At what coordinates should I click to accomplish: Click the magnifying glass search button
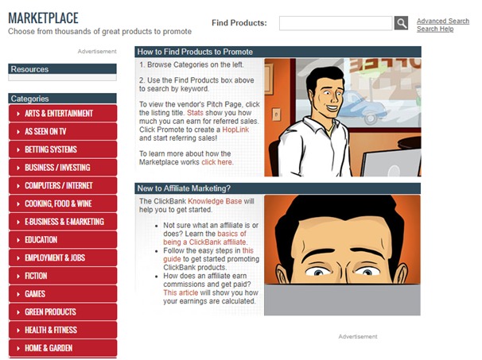click(x=401, y=23)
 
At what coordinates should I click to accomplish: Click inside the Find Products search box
click(x=336, y=23)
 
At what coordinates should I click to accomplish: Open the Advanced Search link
click(x=443, y=21)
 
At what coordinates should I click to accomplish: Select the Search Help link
click(x=435, y=29)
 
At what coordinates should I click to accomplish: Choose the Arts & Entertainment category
click(x=63, y=114)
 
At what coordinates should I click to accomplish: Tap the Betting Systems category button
click(x=63, y=149)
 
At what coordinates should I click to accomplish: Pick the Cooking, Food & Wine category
click(x=63, y=203)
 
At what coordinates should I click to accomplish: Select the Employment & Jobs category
click(x=63, y=257)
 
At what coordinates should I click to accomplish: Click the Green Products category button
click(x=63, y=312)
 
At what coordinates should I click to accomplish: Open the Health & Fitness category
click(x=63, y=330)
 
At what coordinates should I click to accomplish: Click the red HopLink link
click(x=235, y=130)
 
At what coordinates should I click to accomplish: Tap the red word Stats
click(x=195, y=113)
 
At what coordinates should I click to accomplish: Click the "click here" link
click(x=216, y=162)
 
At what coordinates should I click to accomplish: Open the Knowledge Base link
click(x=215, y=201)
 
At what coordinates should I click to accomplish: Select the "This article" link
click(x=181, y=292)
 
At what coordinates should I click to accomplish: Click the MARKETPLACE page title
click(x=43, y=17)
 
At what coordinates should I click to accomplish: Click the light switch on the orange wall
click(x=276, y=114)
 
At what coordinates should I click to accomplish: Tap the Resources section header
click(x=62, y=69)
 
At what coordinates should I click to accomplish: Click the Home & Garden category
click(x=63, y=348)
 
